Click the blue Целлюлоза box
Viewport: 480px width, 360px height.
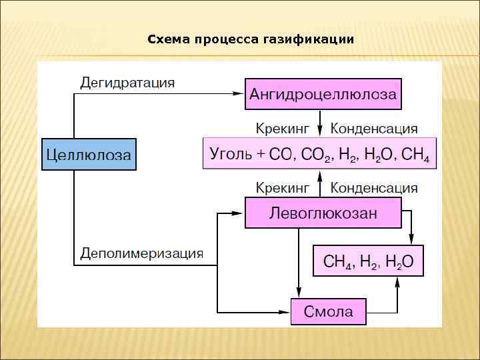pyautogui.click(x=89, y=154)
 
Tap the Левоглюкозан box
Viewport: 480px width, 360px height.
pyautogui.click(x=323, y=213)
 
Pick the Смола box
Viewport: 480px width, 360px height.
pyautogui.click(x=328, y=311)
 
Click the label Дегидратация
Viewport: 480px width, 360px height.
pyautogui.click(x=127, y=83)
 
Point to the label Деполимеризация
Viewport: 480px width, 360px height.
pyautogui.click(x=141, y=253)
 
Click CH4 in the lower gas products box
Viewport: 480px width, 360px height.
pyautogui.click(x=337, y=262)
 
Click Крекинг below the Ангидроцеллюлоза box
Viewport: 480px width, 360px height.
pyautogui.click(x=283, y=128)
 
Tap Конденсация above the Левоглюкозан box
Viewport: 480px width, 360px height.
pyautogui.click(x=374, y=187)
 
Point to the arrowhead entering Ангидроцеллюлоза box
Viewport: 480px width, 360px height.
pyautogui.click(x=239, y=94)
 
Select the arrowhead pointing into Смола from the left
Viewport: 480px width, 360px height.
pyautogui.click(x=285, y=311)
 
